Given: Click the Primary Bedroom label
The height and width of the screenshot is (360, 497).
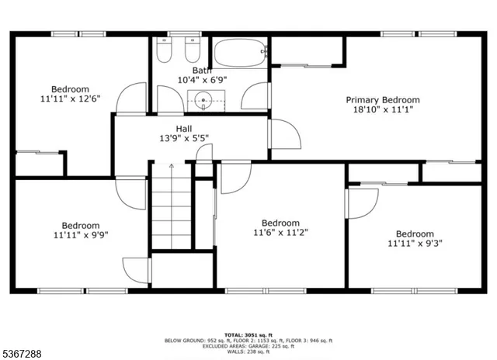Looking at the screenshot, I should click(383, 99).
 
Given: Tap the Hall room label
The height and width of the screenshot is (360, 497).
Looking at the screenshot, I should click(184, 129).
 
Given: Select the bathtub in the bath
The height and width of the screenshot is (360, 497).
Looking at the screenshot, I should click(242, 53).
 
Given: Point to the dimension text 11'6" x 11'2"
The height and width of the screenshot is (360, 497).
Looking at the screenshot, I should click(280, 232).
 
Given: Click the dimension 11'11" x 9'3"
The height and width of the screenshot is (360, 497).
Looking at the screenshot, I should click(415, 244).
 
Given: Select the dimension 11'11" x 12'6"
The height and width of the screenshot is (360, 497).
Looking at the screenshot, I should click(70, 99).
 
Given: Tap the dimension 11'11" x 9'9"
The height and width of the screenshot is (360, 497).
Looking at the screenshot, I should click(70, 234).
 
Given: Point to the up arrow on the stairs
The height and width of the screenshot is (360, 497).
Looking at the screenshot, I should click(171, 167).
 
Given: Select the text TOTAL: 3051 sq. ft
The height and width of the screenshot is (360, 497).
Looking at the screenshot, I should click(248, 334).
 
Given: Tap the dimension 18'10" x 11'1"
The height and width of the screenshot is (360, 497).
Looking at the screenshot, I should click(383, 110).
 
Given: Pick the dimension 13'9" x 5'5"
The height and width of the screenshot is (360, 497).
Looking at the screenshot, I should click(184, 139).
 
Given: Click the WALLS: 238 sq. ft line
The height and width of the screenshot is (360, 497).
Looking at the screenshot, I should click(248, 352).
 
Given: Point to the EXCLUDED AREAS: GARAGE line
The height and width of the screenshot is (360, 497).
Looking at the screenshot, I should click(248, 346).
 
